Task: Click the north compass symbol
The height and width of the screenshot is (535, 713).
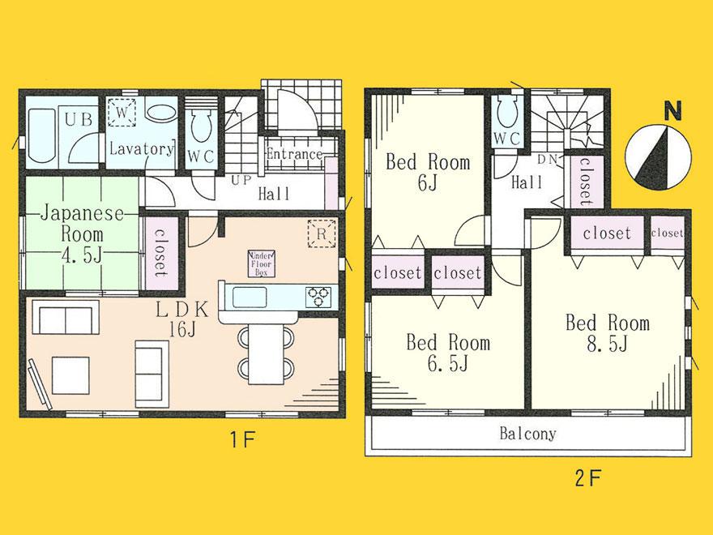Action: [x=659, y=156]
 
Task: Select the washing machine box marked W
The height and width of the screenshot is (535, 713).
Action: [x=122, y=113]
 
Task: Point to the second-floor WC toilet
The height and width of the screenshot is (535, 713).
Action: [x=507, y=109]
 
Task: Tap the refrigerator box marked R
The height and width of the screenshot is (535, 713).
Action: [x=321, y=233]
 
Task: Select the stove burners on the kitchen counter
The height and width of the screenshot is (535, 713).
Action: [x=318, y=297]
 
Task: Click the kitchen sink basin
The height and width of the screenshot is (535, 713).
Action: [x=252, y=297]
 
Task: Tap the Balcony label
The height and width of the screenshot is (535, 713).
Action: [x=527, y=434]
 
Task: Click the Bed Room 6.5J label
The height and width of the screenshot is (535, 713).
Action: [x=447, y=353]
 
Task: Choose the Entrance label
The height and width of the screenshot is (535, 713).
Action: [x=294, y=154]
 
